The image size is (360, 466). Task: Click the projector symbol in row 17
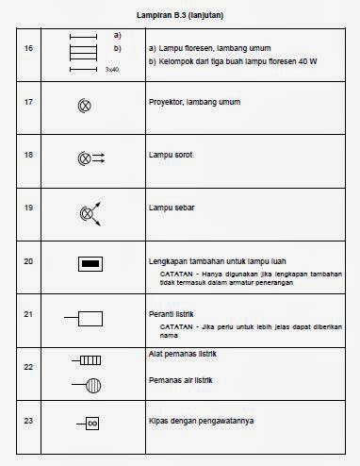[x=84, y=106]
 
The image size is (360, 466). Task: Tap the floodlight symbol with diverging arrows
[x=89, y=212]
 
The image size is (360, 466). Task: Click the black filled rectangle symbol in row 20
[x=90, y=265]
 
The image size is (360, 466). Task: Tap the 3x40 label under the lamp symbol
[x=112, y=69]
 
